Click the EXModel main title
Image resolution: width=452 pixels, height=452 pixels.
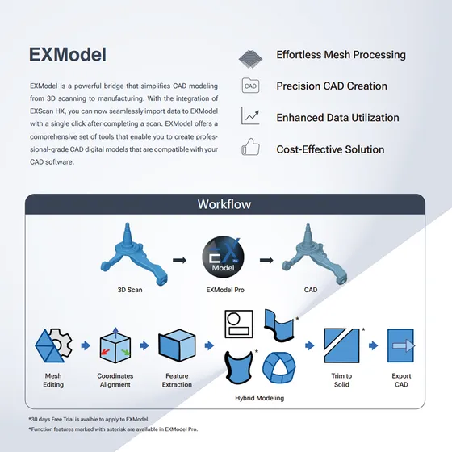pyautogui.click(x=67, y=54)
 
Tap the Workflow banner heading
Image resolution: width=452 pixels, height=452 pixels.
pyautogui.click(x=225, y=204)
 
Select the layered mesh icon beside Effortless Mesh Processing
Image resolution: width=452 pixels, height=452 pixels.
pyautogui.click(x=250, y=57)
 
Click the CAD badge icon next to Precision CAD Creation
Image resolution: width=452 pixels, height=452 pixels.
pyautogui.click(x=250, y=86)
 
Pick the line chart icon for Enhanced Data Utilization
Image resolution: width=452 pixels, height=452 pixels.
pyautogui.click(x=250, y=117)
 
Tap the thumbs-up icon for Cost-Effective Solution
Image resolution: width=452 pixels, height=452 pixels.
pyautogui.click(x=250, y=149)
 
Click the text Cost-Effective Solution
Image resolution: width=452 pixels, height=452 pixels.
pyautogui.click(x=330, y=149)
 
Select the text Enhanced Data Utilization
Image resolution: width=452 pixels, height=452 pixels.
pyautogui.click(x=337, y=118)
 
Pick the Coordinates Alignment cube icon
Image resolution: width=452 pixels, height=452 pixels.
pyautogui.click(x=115, y=346)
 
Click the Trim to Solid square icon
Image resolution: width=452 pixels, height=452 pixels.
pyautogui.click(x=341, y=345)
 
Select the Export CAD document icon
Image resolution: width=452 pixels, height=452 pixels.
pyautogui.click(x=400, y=345)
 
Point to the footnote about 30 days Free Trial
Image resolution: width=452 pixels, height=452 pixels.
pyautogui.click(x=88, y=418)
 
